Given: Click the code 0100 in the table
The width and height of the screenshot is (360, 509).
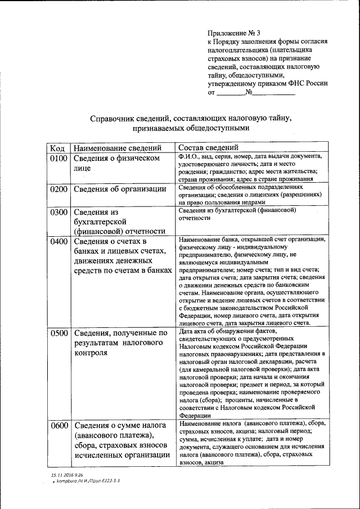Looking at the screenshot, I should (x=58, y=159).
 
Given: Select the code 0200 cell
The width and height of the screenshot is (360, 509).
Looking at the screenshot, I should (x=58, y=188).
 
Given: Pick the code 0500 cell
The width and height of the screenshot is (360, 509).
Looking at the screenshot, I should (x=58, y=333).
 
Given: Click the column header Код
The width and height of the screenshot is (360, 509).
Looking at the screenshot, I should (x=57, y=148).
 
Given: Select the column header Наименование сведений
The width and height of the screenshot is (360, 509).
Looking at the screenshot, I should (x=118, y=148).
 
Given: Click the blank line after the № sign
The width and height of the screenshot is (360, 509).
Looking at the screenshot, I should (x=273, y=93).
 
